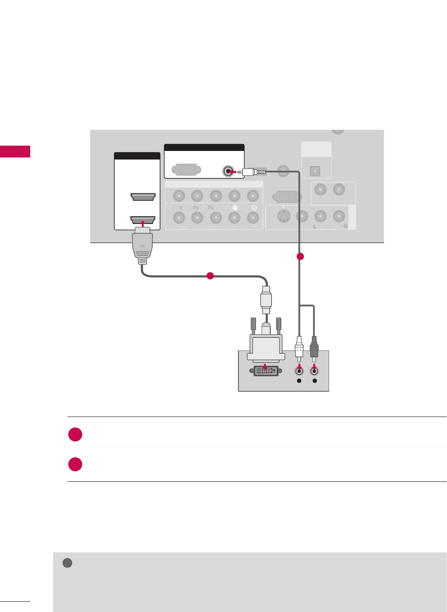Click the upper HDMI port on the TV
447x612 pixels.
click(x=143, y=197)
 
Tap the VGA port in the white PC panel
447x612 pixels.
click(x=187, y=169)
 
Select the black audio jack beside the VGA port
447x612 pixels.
click(x=228, y=171)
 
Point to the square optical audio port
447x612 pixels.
click(x=315, y=171)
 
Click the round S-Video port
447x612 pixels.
click(x=284, y=216)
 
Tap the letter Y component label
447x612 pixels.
click(x=181, y=208)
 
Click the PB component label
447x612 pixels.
click(x=196, y=208)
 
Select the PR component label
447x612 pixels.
click(x=211, y=208)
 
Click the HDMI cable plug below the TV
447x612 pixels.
click(x=142, y=247)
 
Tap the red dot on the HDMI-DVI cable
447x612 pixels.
click(x=210, y=276)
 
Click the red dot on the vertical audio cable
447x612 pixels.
click(x=300, y=257)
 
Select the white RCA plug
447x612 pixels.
click(x=299, y=348)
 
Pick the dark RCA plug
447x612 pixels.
click(x=314, y=347)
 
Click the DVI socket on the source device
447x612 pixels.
click(x=265, y=371)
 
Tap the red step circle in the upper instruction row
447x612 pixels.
click(x=76, y=435)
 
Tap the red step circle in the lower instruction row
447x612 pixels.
click(x=76, y=464)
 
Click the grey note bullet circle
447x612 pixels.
click(x=67, y=563)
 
